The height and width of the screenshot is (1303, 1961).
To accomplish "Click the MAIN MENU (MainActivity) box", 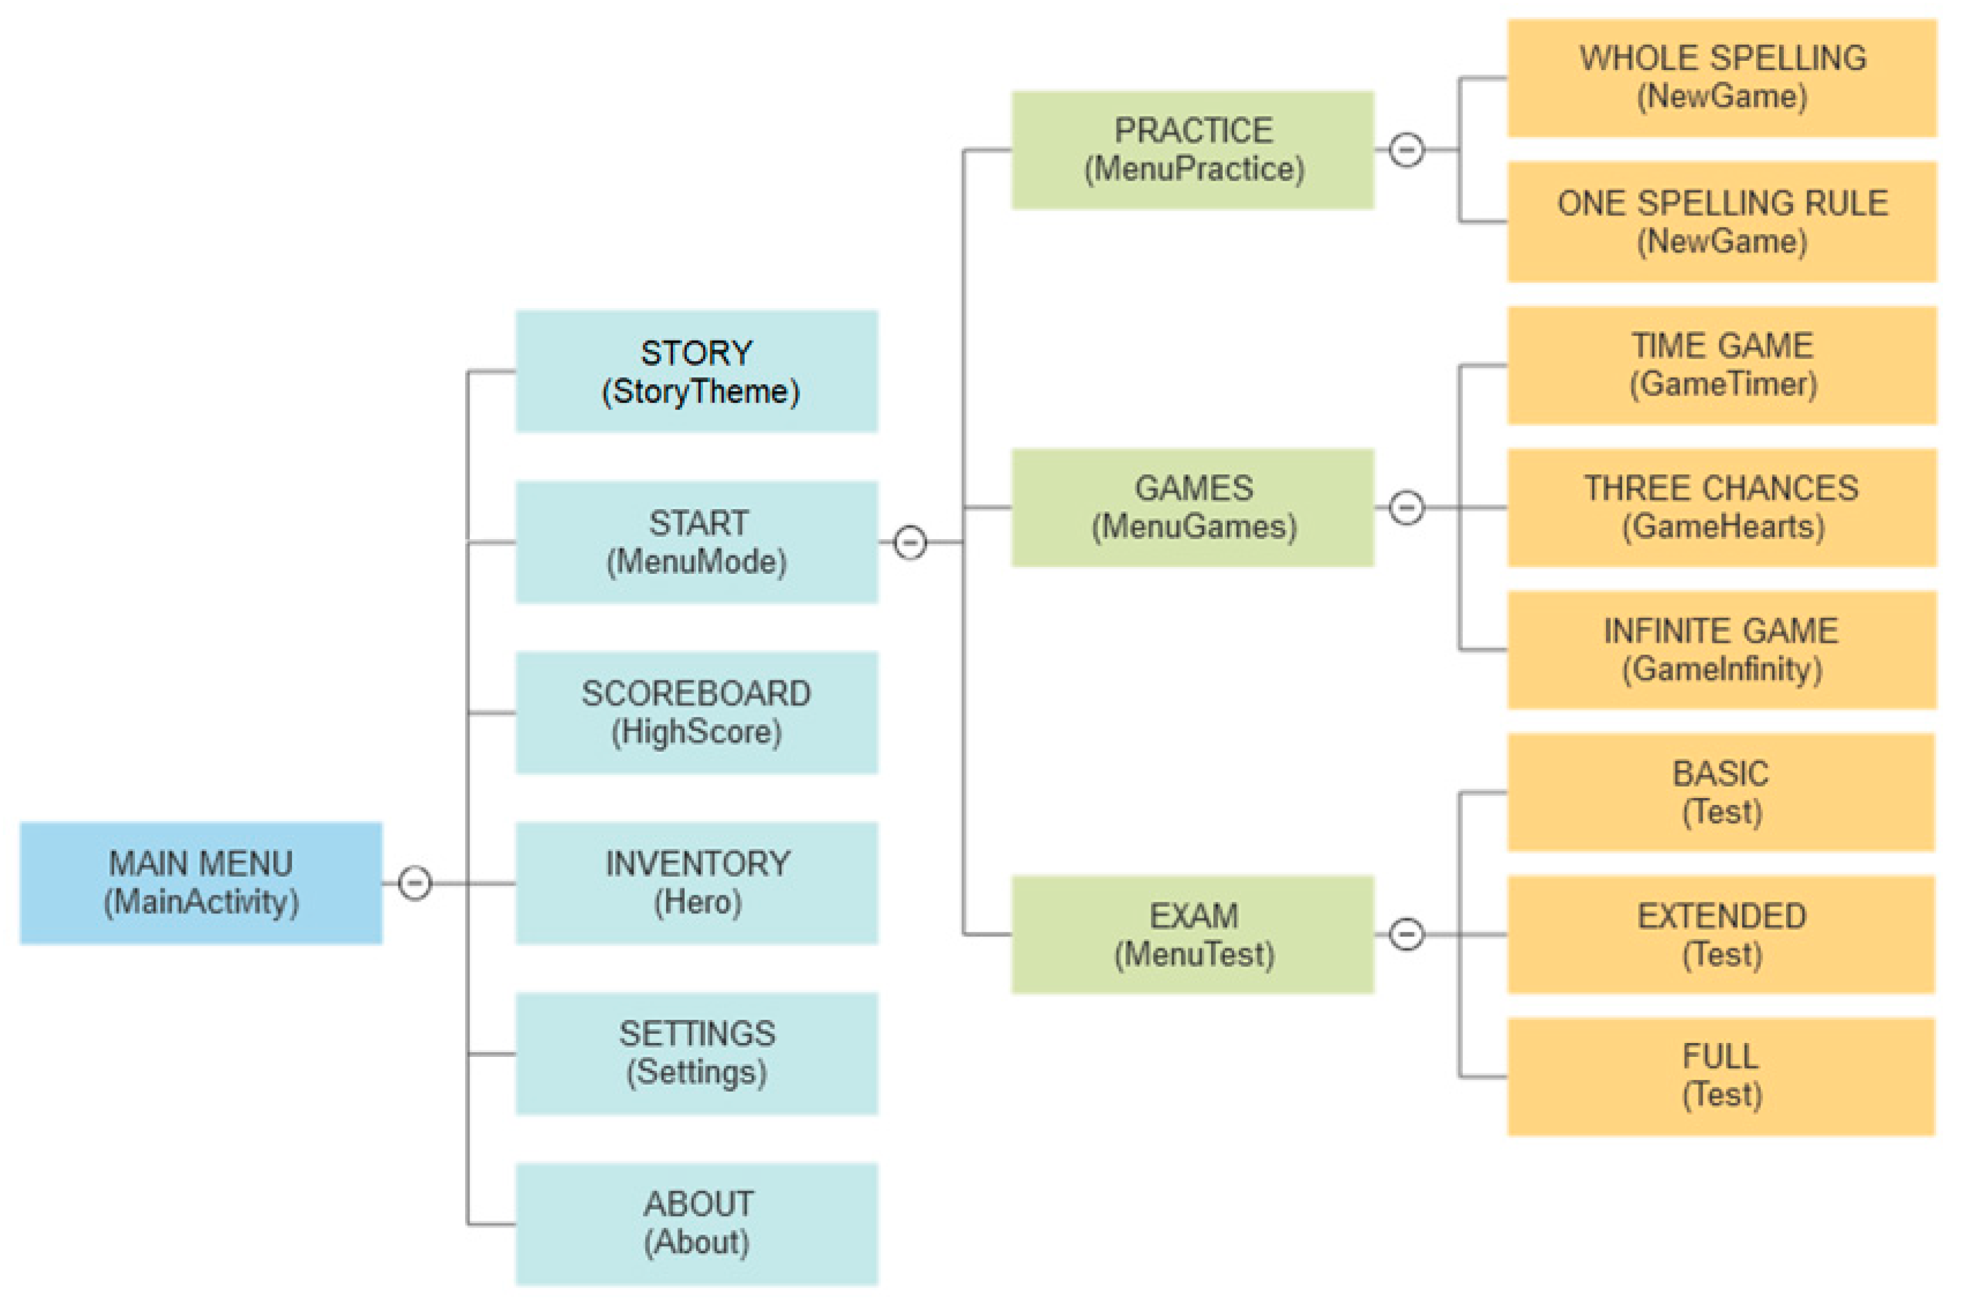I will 200,883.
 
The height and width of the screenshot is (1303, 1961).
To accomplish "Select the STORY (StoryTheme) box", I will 696,371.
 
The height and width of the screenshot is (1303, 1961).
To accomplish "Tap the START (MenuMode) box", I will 696,542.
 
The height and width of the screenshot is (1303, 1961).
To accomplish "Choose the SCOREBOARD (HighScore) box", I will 696,712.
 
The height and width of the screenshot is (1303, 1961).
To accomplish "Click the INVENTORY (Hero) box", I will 696,883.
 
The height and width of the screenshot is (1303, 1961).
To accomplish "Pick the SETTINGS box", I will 696,1053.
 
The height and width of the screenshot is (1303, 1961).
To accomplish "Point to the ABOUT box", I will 696,1223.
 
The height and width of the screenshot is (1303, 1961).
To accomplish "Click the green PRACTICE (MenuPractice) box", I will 1192,149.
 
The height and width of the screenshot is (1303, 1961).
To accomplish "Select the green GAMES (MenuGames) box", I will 1192,507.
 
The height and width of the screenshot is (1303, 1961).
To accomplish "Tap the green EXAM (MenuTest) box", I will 1192,934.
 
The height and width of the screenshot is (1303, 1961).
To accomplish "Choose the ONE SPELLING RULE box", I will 1722,222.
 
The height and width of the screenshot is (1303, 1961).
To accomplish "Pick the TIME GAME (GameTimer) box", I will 1722,365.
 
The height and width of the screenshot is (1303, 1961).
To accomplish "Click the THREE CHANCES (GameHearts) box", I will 1722,507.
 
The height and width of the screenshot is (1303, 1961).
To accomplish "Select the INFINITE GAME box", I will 1722,650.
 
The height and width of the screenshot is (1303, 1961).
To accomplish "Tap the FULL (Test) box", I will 1722,1076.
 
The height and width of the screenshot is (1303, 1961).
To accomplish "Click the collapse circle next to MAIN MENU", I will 415,883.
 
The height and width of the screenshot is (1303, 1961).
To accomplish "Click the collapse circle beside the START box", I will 910,542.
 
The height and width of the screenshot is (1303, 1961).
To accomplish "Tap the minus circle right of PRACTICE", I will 1406,149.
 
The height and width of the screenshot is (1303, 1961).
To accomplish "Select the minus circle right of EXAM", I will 1406,934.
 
